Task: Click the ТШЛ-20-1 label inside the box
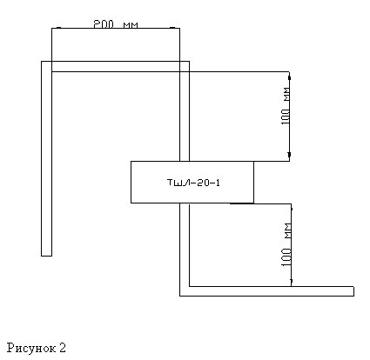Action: point(193,183)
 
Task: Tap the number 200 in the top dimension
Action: point(104,24)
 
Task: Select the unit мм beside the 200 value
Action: point(131,25)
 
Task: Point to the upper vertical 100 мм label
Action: point(286,105)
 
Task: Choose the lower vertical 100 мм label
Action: point(286,244)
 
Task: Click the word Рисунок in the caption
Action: point(31,348)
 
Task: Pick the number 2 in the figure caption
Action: point(63,348)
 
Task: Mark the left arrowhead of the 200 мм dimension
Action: point(58,28)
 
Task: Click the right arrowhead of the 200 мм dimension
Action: point(172,28)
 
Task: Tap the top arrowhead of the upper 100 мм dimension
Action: point(289,77)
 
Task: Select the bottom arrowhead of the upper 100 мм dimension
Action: point(289,155)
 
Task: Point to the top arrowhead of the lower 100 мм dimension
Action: point(291,208)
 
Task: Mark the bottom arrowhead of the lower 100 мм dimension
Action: point(291,281)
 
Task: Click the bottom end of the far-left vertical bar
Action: point(46,256)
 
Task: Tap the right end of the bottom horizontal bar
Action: point(353,291)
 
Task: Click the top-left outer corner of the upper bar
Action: point(42,62)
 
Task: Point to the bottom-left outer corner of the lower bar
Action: point(180,296)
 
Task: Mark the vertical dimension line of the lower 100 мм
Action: point(291,245)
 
